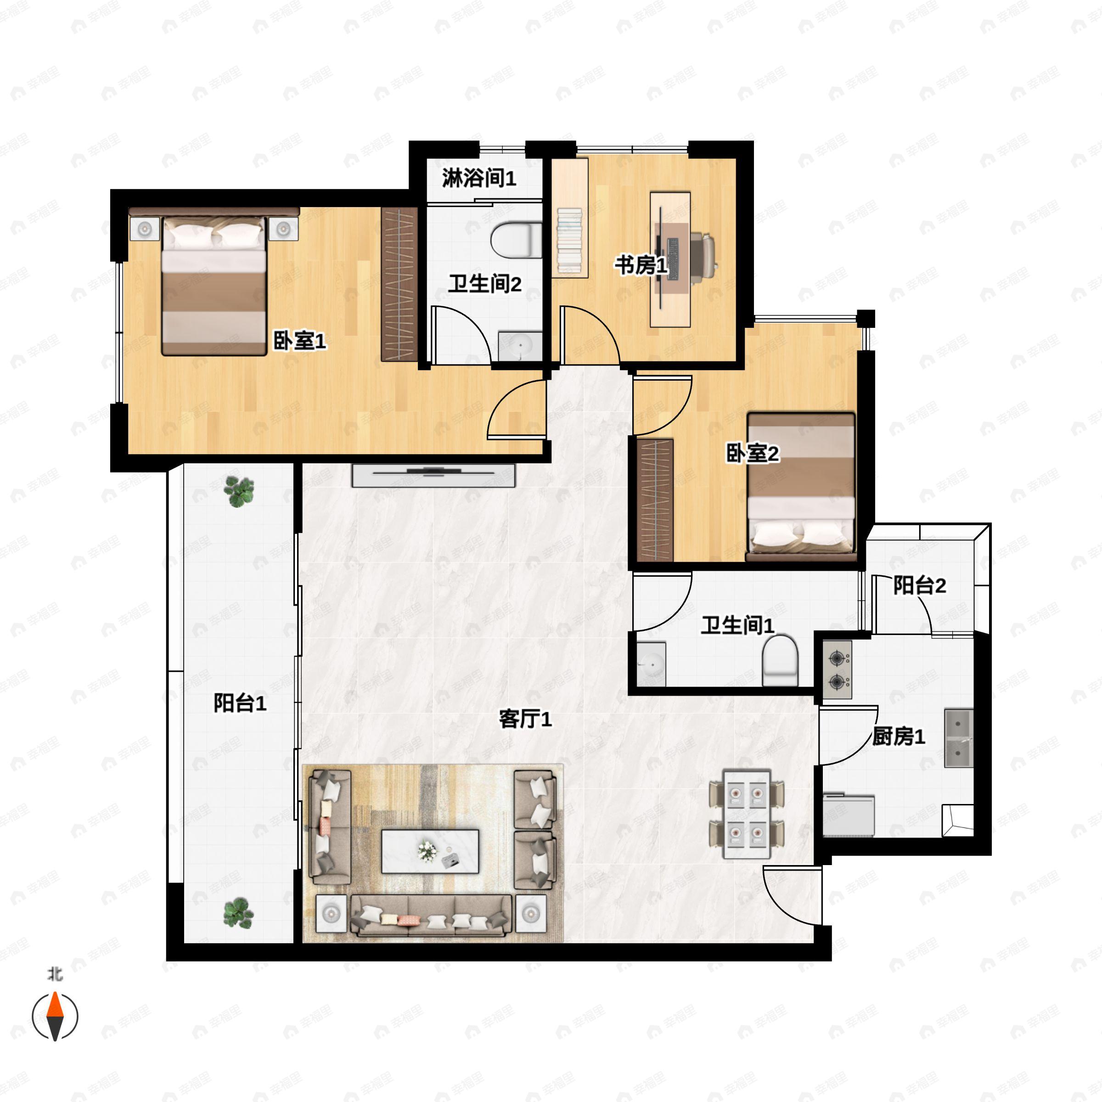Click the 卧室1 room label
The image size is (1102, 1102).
point(299,341)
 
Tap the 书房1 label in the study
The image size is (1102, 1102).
point(641,265)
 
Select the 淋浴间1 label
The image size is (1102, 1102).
point(478,179)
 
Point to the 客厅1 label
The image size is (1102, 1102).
point(525,719)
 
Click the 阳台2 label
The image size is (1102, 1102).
point(919,585)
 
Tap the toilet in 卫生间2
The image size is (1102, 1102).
point(516,240)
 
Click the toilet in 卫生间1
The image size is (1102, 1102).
point(780,661)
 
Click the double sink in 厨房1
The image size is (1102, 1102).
point(958,738)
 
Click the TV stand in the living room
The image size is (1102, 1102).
point(433,475)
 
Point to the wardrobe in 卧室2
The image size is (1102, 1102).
point(655,500)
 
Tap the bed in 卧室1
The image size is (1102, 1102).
point(214,285)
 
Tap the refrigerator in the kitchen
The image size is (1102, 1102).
point(848,815)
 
